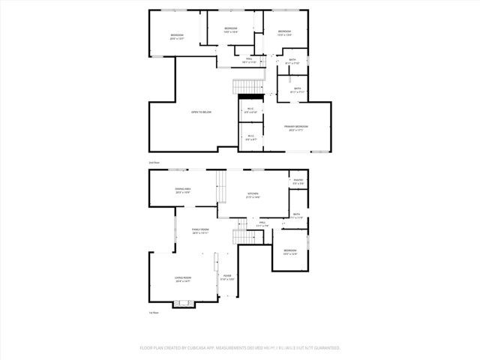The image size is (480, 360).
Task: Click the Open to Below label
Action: coord(200,112)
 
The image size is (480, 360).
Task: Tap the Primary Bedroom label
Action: coord(295,127)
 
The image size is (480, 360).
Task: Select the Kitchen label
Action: coord(253,194)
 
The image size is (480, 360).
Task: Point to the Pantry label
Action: coord(298,181)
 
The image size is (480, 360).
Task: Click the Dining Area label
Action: coord(183,190)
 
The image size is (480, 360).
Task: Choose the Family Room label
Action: coord(199,230)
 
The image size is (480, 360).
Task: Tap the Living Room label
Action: coord(183,279)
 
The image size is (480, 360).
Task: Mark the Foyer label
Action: coord(226,277)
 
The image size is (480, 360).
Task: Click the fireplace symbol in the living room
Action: coord(183,304)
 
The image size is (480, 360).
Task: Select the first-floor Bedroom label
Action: coord(289,251)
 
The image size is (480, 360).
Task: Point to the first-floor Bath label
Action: coord(297,215)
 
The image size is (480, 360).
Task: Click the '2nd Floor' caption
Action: coord(154,162)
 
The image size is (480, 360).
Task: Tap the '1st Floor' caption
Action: coord(154,313)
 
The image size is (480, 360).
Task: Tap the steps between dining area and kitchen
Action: coord(222,187)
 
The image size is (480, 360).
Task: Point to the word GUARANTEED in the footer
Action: coord(324,348)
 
